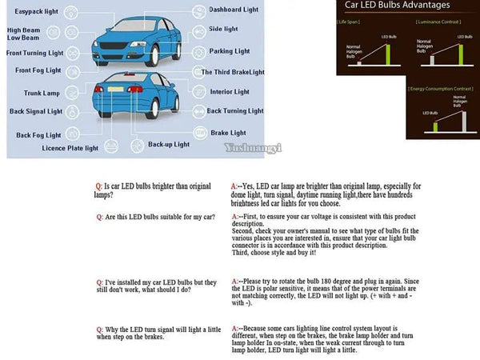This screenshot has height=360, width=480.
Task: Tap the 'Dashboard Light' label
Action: click(233, 10)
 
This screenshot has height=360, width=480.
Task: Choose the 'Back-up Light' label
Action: click(170, 145)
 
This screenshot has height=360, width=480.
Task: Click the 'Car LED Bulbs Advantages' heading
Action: click(386, 6)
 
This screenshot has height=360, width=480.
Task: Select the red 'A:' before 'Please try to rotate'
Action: click(233, 282)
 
